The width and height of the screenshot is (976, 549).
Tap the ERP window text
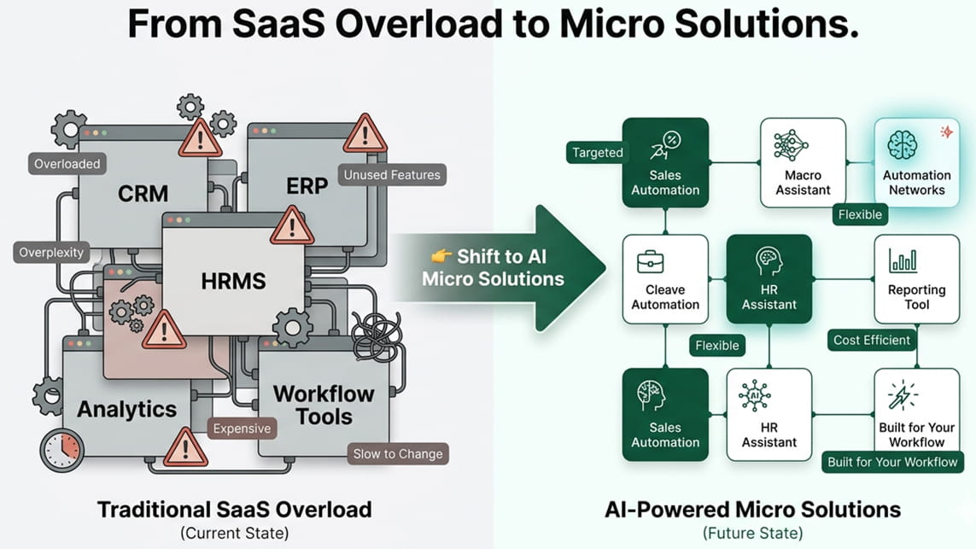click(307, 185)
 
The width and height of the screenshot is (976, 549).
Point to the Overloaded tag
click(67, 163)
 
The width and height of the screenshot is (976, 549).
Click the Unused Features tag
click(392, 175)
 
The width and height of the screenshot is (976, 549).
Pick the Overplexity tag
click(52, 253)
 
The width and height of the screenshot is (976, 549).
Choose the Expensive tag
click(242, 429)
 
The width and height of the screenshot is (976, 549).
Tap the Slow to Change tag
click(398, 453)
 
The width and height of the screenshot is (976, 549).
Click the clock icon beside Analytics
click(61, 444)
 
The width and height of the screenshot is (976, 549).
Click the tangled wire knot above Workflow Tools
click(376, 334)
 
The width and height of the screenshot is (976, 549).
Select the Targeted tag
click(598, 153)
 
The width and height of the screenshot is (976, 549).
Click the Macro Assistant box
click(803, 162)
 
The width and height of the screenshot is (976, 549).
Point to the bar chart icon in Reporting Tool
click(903, 260)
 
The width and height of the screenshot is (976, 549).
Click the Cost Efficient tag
click(872, 340)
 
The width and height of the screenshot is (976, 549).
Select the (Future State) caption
click(752, 534)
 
